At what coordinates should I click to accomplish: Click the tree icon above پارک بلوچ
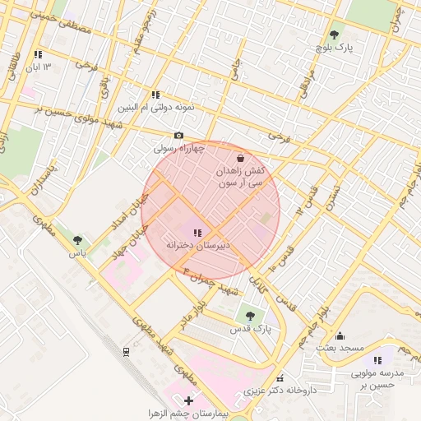(334, 35)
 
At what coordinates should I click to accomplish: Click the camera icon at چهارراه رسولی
(178, 136)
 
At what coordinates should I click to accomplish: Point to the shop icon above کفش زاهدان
(240, 158)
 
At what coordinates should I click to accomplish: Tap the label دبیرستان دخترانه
(197, 245)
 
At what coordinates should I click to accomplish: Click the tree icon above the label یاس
(77, 241)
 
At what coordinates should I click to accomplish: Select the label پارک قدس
(250, 328)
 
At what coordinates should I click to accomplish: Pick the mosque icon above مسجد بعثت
(340, 336)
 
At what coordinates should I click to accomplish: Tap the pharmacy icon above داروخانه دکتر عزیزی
(280, 377)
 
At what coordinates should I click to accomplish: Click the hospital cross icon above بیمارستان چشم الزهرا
(189, 400)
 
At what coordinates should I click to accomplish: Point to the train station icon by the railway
(126, 352)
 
